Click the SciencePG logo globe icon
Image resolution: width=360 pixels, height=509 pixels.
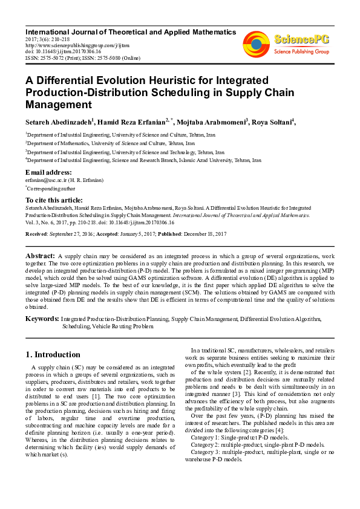[256, 45]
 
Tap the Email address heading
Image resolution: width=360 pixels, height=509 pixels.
[49, 172]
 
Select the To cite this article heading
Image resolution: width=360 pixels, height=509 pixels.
[54, 200]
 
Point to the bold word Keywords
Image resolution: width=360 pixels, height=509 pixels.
[42, 319]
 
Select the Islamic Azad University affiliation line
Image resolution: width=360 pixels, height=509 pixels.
[143, 161]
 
